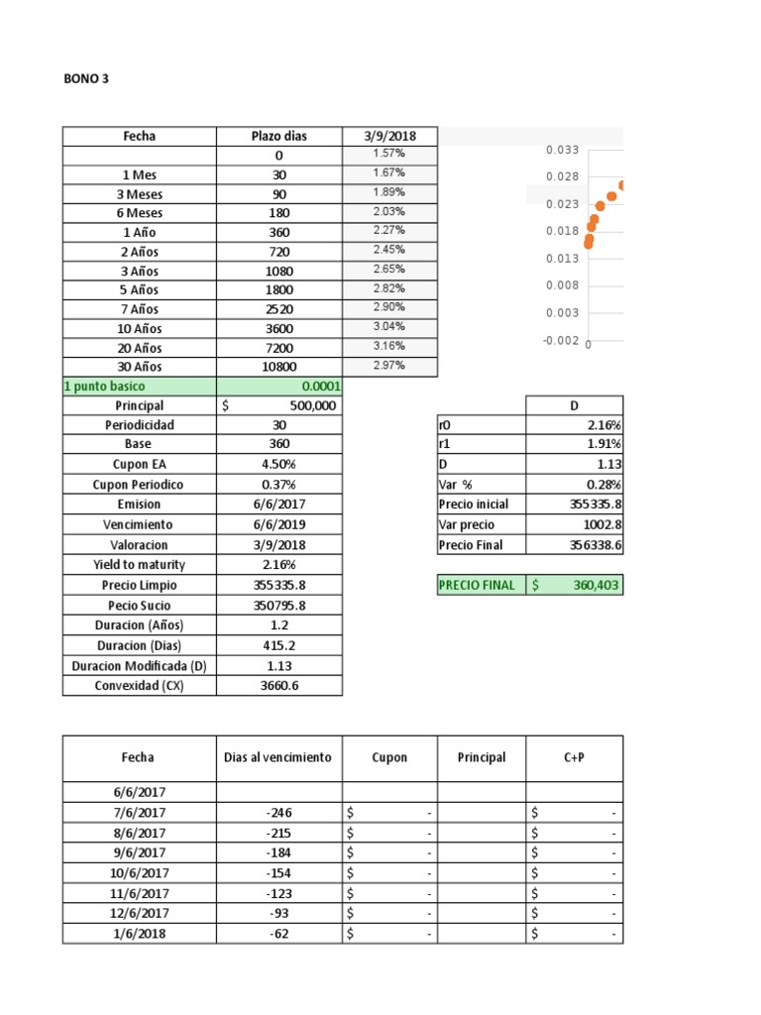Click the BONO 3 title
86,80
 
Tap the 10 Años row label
139,329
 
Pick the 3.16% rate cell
388,347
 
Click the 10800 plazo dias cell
278,367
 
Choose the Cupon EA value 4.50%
278,464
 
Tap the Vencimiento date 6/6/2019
278,524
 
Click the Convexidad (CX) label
139,686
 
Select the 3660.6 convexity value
278,686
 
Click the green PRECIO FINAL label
477,586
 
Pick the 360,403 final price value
595,586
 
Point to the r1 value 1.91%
602,445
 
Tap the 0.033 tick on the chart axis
561,150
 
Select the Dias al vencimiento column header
278,757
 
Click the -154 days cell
278,872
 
